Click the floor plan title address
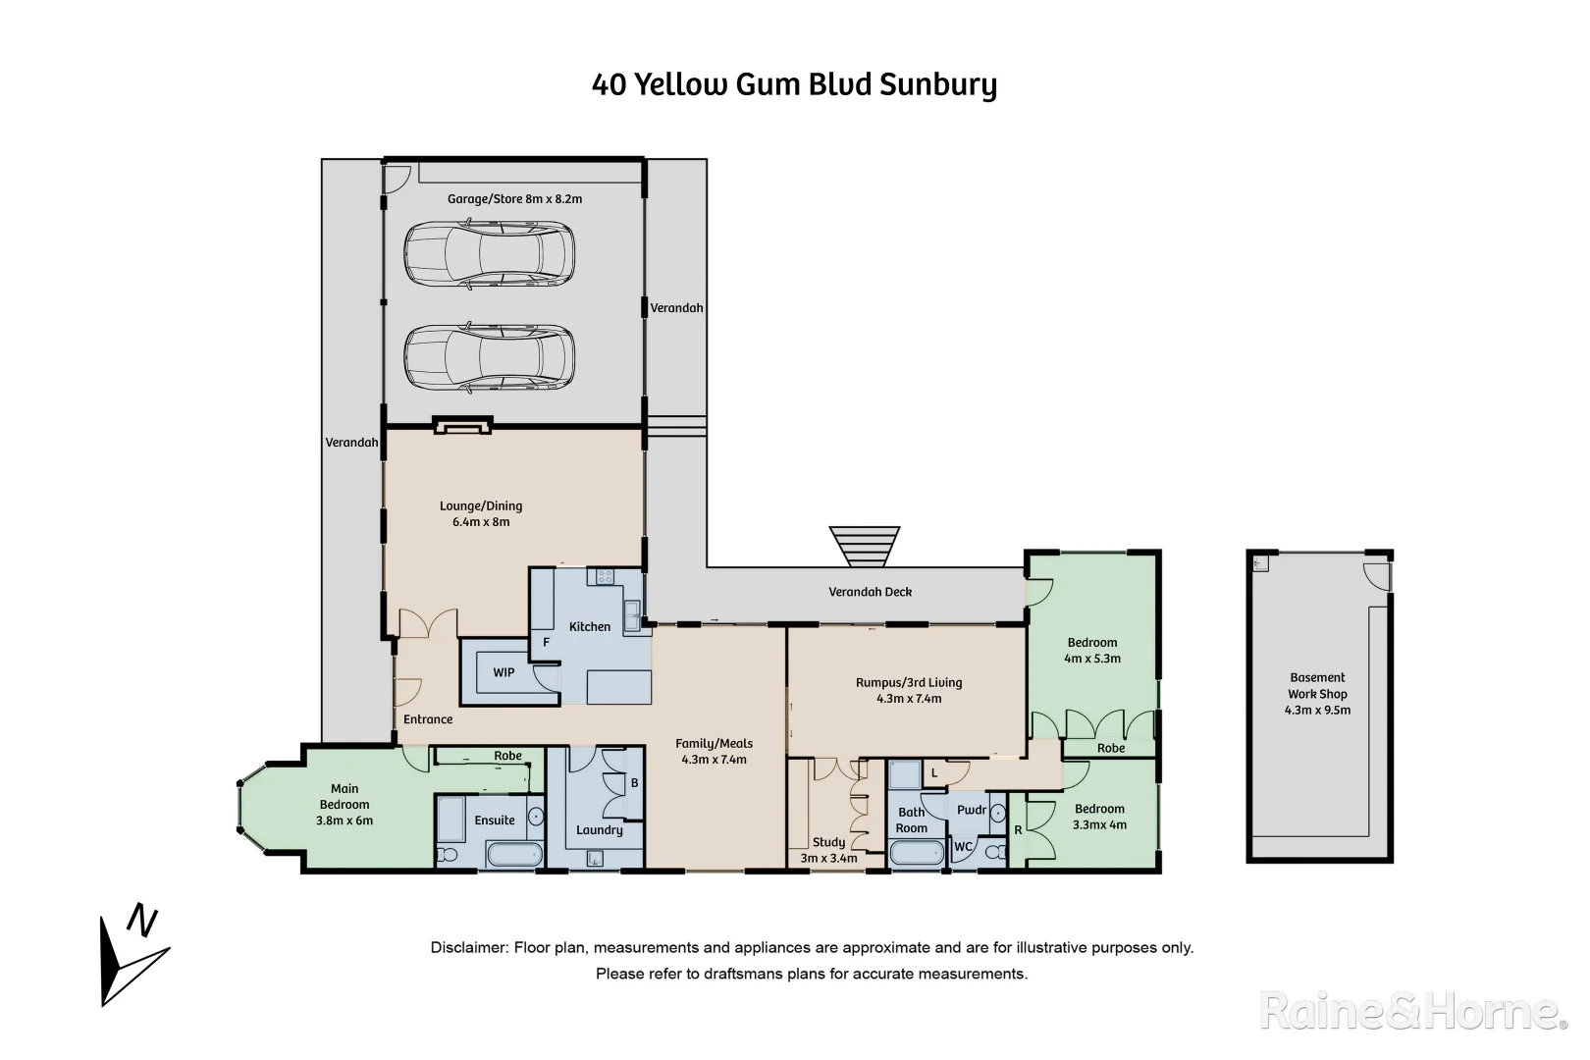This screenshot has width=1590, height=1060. coord(794,85)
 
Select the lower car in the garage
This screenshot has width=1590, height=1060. coord(489,357)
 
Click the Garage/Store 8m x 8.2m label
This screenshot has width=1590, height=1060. coord(514,198)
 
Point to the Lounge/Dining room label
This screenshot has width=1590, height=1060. coord(480,513)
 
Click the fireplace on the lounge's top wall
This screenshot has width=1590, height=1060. coord(461,425)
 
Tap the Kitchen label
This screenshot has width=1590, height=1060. coord(590,626)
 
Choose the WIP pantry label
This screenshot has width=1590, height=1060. coord(503,672)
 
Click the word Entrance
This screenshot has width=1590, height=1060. coord(428,719)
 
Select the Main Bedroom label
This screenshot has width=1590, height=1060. coord(344,804)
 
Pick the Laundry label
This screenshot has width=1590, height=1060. coord(600,829)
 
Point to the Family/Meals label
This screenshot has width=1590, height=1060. coord(714,751)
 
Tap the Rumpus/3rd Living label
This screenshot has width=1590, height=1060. coord(909,690)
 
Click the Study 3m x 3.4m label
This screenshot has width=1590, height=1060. coord(829,850)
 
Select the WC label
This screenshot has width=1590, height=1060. coord(963,846)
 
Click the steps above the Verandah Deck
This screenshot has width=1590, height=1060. coord(864,547)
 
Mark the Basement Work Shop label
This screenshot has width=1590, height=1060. coord(1317,693)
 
